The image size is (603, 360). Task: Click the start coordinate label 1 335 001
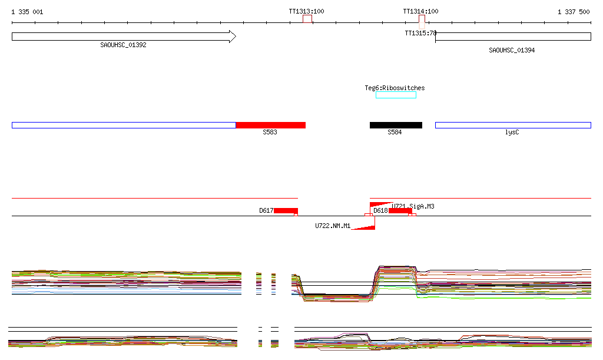pyautogui.click(x=27, y=12)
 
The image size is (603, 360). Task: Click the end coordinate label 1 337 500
pyautogui.click(x=574, y=12)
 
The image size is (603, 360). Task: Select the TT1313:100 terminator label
pyautogui.click(x=306, y=11)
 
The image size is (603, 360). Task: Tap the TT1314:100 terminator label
pyautogui.click(x=420, y=11)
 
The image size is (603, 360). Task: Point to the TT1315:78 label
pyautogui.click(x=420, y=33)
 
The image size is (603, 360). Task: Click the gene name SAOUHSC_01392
pyautogui.click(x=123, y=45)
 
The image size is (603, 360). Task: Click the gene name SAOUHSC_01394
pyautogui.click(x=512, y=50)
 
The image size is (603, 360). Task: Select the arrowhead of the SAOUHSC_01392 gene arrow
pyautogui.click(x=232, y=37)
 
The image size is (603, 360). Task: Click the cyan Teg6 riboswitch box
pyautogui.click(x=396, y=95)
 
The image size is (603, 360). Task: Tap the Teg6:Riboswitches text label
pyautogui.click(x=395, y=88)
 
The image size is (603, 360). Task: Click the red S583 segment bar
pyautogui.click(x=270, y=125)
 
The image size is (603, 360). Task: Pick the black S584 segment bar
pyautogui.click(x=396, y=125)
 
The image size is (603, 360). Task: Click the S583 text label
pyautogui.click(x=270, y=133)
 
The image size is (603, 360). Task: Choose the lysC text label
pyautogui.click(x=512, y=133)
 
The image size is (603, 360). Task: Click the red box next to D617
pyautogui.click(x=286, y=210)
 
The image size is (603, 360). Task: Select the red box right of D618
pyautogui.click(x=400, y=211)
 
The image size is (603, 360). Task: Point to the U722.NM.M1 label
pyautogui.click(x=333, y=226)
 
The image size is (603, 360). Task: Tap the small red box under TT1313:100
pyautogui.click(x=307, y=19)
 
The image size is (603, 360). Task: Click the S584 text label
pyautogui.click(x=395, y=133)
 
